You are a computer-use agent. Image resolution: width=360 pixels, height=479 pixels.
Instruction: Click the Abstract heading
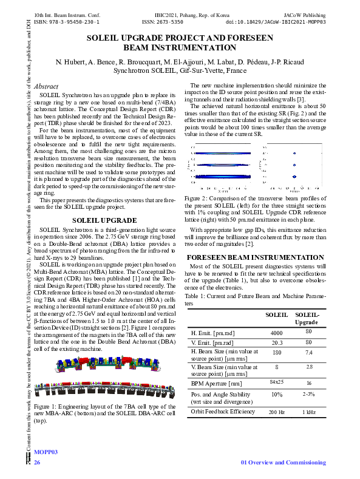pyautogui.click(x=46, y=87)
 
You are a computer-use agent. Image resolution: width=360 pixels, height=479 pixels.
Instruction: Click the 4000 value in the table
pyautogui.click(x=276, y=333)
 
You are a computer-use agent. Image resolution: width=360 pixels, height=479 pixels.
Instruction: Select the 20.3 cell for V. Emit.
pyautogui.click(x=276, y=343)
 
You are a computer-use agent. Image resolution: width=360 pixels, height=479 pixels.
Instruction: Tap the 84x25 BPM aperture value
pyautogui.click(x=276, y=382)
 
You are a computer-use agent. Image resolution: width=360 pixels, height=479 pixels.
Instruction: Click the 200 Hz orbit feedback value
pyautogui.click(x=277, y=412)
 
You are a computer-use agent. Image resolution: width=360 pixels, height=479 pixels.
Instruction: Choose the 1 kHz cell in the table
pyautogui.click(x=308, y=412)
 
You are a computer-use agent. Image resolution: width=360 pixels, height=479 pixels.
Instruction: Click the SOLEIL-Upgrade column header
pyautogui.click(x=307, y=318)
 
